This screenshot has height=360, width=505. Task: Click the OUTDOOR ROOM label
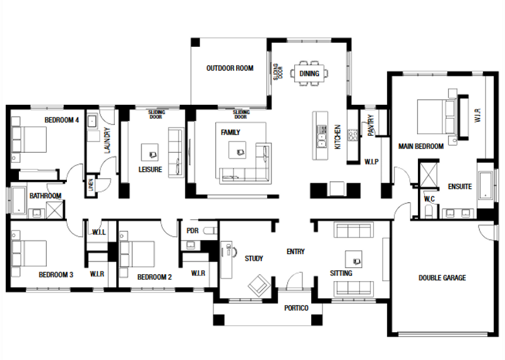230,68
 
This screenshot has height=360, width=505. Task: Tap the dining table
309,73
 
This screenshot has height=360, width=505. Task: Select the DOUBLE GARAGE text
442,277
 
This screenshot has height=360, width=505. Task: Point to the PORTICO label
296,308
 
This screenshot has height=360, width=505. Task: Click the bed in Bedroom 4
29,139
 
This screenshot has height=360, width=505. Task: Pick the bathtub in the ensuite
485,184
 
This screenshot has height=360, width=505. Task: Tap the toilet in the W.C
430,212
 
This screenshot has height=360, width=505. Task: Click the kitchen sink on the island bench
321,136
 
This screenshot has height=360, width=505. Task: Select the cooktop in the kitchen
352,135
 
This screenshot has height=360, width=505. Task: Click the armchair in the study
259,285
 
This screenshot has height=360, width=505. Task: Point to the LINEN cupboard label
91,184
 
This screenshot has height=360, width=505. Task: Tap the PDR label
193,231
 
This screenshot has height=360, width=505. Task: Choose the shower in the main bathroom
56,210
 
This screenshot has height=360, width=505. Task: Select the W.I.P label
371,162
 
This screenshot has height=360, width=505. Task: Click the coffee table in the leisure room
150,152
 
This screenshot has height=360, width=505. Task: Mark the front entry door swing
295,280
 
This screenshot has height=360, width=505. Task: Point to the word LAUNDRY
107,140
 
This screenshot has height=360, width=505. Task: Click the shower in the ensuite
429,175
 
